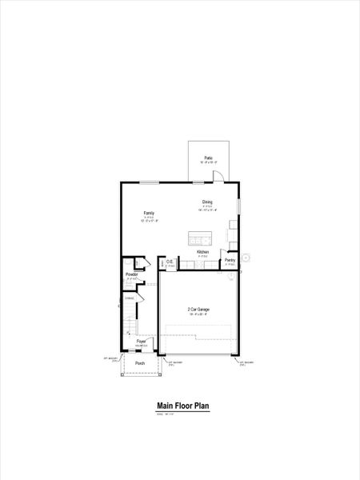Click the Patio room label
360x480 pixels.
208,158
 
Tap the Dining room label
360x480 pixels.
207,202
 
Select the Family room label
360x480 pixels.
149,213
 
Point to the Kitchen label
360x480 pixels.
203,252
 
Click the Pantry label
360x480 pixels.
230,260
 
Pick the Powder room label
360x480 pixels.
132,274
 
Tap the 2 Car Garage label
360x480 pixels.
198,309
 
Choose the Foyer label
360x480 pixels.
142,341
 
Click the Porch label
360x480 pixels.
140,363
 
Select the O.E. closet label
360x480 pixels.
170,261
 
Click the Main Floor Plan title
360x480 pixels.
183,406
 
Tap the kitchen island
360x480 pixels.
200,238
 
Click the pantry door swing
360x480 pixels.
227,273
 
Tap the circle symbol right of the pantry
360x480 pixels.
247,258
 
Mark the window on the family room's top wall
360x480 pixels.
148,183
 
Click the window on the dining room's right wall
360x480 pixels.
238,206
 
